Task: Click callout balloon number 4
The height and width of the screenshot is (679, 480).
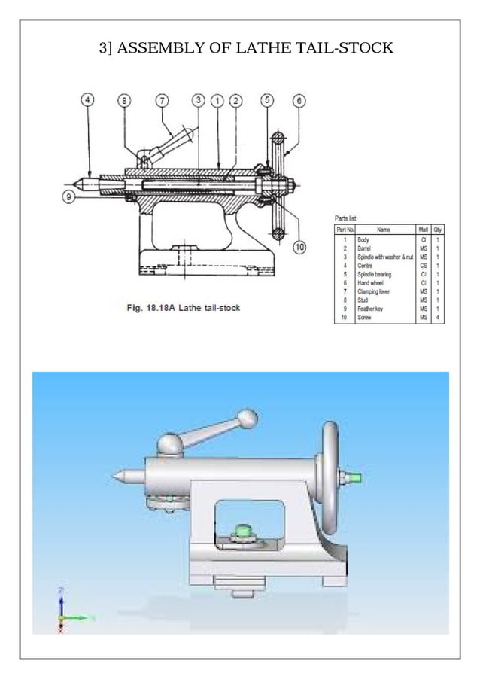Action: tap(89, 100)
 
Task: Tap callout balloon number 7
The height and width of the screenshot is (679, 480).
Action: tap(163, 100)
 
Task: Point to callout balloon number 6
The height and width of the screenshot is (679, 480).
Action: tap(299, 100)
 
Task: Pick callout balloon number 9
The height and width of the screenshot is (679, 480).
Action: tap(68, 197)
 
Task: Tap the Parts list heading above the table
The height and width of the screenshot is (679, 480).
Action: tap(346, 218)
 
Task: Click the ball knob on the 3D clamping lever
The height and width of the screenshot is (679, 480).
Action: tap(247, 419)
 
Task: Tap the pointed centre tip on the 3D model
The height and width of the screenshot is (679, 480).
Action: tap(117, 476)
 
